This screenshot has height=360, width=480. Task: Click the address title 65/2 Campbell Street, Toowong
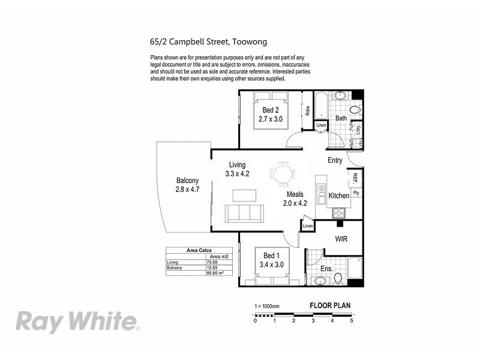(208, 42)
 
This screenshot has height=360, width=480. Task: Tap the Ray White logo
(78, 321)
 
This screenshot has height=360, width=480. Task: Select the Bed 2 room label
(270, 110)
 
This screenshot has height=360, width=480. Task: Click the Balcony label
(187, 181)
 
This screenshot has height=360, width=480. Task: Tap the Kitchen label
(338, 196)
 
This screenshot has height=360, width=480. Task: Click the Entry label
(335, 160)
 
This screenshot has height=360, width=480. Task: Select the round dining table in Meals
(283, 174)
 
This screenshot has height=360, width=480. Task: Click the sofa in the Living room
(244, 213)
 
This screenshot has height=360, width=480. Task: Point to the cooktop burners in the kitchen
(339, 212)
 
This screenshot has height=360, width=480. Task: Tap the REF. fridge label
(355, 178)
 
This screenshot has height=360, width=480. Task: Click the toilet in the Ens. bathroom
(338, 278)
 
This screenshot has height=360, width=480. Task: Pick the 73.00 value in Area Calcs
(212, 262)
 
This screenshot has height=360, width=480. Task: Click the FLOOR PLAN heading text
(330, 305)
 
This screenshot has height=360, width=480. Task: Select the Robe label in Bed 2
(307, 110)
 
